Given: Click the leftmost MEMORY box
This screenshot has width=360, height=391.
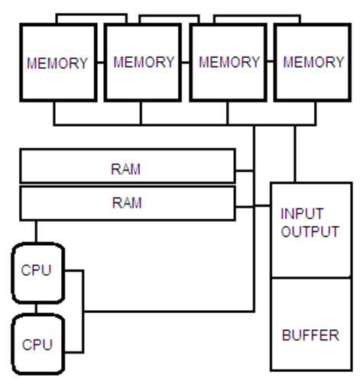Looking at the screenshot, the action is pos(58,63).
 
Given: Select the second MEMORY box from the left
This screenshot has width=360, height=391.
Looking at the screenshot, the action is pos(143,63).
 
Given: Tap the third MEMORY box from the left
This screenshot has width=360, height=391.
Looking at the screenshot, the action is pos(228,63).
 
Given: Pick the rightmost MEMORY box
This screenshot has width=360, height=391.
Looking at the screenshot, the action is pos(313,63).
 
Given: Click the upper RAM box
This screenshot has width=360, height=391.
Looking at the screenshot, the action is pos(128,166).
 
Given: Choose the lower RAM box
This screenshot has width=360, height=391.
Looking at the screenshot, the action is pos(128,203).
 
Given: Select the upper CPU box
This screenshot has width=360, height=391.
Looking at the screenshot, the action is pos(38,273).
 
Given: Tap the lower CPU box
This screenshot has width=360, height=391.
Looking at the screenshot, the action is pos(38,344).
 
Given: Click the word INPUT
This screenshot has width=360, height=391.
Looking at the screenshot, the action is pos(302,214).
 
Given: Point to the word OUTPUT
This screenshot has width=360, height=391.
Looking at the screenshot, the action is pos(310,231).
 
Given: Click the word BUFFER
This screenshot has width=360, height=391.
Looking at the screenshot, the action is pos(310,335).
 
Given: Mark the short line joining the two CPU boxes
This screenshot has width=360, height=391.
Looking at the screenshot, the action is pos(36,309).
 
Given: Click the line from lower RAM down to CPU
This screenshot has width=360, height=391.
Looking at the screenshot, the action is pos(36,231).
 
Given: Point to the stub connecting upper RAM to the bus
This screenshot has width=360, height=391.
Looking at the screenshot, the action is pos(245,170).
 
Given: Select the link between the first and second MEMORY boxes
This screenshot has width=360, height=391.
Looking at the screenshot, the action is pos(101,63).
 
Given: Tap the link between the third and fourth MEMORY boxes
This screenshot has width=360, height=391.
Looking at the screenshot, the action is pos(271,61).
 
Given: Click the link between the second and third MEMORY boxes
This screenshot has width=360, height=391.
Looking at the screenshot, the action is pos(186,62).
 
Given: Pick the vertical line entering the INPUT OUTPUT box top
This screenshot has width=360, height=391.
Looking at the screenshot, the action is pos(295,154).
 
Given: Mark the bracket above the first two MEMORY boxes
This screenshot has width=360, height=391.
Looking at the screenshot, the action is pos(92,15).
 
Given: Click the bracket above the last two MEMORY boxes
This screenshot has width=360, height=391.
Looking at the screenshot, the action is pos(258,16).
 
